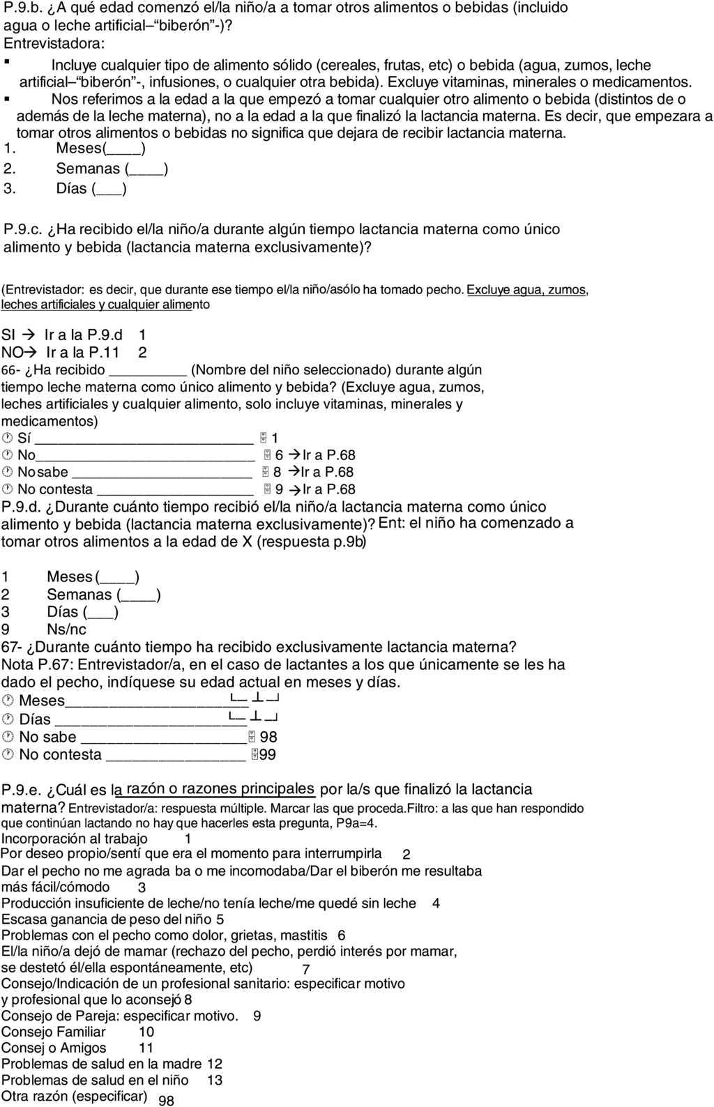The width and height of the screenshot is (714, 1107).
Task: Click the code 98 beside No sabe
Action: click(x=268, y=738)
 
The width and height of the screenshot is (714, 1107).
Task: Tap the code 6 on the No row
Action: click(x=279, y=455)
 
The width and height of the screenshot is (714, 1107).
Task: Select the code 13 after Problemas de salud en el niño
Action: click(x=215, y=1080)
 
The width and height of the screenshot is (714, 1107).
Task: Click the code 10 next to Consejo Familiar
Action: click(x=146, y=1032)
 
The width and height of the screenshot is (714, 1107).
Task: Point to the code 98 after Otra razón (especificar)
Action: click(x=166, y=1101)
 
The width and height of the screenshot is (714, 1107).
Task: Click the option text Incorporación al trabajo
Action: click(x=75, y=839)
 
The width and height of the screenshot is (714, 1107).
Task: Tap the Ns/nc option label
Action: click(x=67, y=629)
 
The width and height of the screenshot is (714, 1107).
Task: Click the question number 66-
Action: click(x=12, y=370)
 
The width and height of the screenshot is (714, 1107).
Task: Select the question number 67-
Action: click(x=12, y=647)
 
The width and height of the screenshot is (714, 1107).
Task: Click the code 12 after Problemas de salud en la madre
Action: click(x=215, y=1064)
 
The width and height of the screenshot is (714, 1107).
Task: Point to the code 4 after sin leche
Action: click(x=436, y=903)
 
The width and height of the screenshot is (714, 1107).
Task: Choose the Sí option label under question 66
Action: click(x=24, y=438)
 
